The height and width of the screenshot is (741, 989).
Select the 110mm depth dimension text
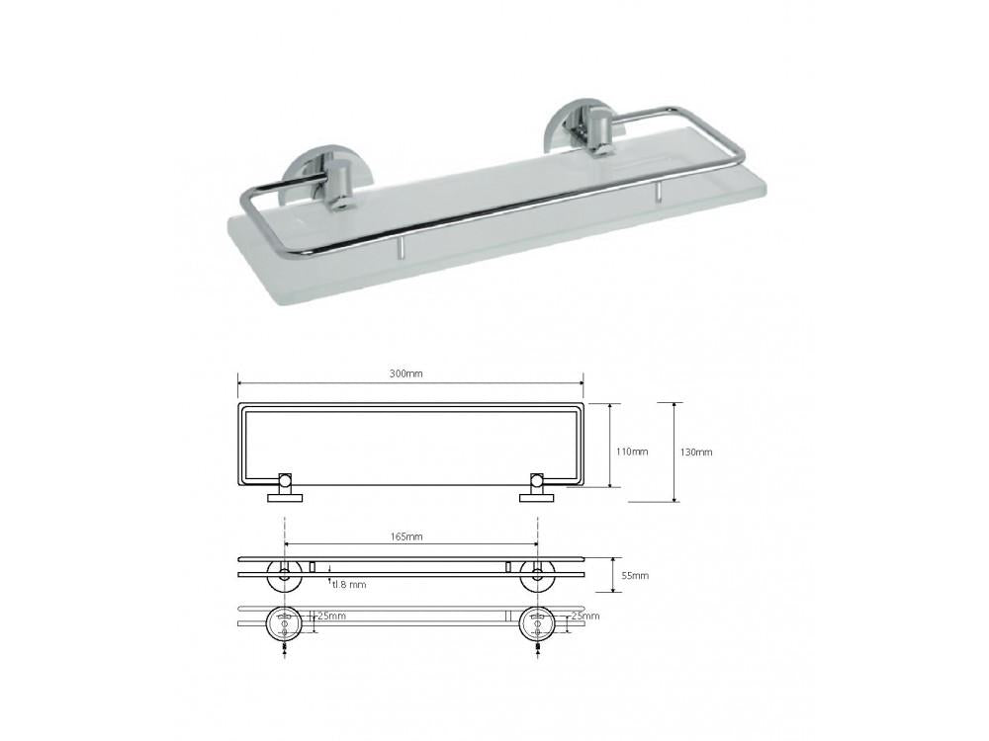coord(632,452)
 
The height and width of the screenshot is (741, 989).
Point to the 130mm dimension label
coord(697,452)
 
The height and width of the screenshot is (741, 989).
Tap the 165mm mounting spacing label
coord(407,536)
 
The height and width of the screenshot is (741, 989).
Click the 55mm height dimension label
coord(635,575)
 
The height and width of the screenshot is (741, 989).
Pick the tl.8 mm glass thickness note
coord(349,584)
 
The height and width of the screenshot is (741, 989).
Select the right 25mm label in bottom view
coord(585,617)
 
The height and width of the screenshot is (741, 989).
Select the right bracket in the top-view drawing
coord(538,488)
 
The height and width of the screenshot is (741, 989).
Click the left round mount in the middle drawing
coord(286,576)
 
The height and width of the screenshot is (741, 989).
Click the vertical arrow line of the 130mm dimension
coord(674,452)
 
